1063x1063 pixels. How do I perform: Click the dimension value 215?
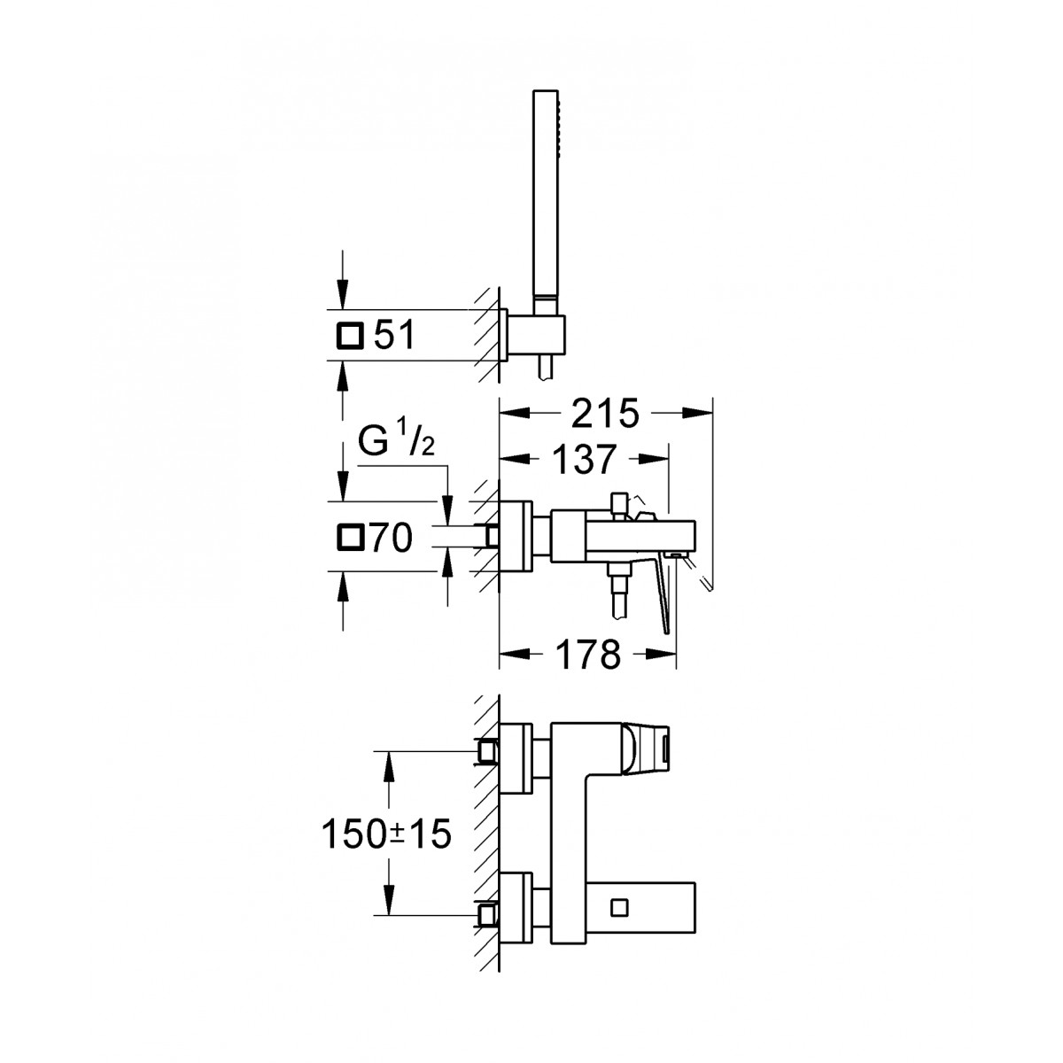click(605, 413)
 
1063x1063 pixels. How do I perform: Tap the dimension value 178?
click(587, 655)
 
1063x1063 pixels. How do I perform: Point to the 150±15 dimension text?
click(386, 834)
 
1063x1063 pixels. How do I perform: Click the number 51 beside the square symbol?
click(394, 336)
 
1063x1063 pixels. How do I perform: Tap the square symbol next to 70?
click(350, 539)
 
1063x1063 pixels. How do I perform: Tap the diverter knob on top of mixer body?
click(618, 504)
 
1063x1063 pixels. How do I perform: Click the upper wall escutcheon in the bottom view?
click(516, 758)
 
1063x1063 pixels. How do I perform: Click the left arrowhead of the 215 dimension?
click(514, 413)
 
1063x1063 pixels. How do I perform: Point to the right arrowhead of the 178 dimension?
click(662, 655)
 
